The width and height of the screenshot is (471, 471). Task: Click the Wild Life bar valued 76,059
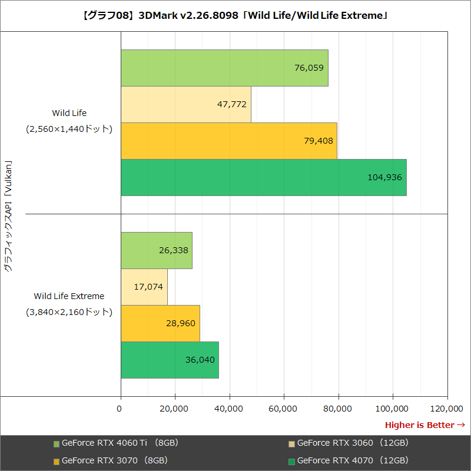click(224, 68)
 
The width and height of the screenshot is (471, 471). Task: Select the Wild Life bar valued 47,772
click(186, 104)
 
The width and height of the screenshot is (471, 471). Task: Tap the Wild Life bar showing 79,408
click(229, 141)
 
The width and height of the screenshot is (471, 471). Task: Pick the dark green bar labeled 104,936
click(263, 177)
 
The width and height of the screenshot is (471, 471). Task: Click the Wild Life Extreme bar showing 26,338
click(157, 250)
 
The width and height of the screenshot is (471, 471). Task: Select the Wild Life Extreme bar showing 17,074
click(144, 287)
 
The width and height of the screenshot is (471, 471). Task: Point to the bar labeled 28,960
click(160, 323)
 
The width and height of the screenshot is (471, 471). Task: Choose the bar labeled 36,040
click(170, 360)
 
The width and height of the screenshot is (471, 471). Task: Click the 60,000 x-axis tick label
click(284, 409)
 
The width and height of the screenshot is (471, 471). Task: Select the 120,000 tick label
click(447, 409)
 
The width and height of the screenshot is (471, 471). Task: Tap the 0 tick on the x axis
click(121, 409)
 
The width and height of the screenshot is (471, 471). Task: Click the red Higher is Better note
click(424, 425)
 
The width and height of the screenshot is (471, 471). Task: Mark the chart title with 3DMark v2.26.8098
click(235, 15)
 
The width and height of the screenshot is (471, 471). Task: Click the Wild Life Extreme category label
click(69, 296)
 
